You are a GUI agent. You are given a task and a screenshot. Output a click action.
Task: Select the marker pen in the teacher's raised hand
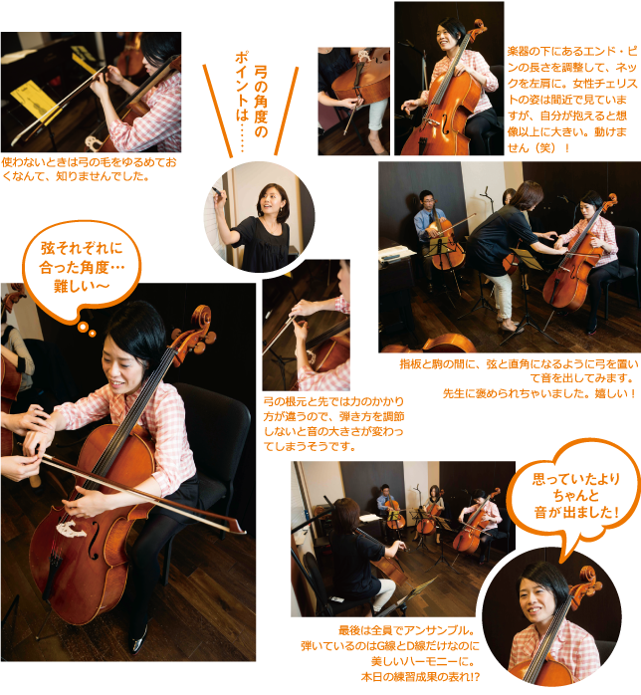(218, 192)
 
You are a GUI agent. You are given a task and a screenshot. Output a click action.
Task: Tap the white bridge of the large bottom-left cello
(71, 529)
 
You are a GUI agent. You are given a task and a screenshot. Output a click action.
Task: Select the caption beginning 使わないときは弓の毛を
(89, 169)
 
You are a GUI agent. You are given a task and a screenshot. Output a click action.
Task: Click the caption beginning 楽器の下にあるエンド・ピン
(572, 100)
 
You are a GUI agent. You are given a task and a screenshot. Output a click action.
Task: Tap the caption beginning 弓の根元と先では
(333, 424)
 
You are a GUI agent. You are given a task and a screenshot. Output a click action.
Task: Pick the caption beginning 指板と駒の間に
(519, 378)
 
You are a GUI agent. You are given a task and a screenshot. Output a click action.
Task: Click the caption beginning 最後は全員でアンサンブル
(390, 653)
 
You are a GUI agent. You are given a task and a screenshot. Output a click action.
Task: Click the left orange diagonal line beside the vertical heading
(218, 111)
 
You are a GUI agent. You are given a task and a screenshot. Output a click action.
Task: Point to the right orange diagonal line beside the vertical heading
(287, 111)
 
